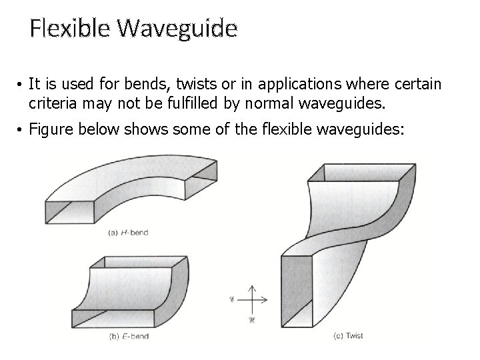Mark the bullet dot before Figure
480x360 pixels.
[x=22, y=129]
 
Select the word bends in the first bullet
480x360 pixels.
[x=125, y=85]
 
